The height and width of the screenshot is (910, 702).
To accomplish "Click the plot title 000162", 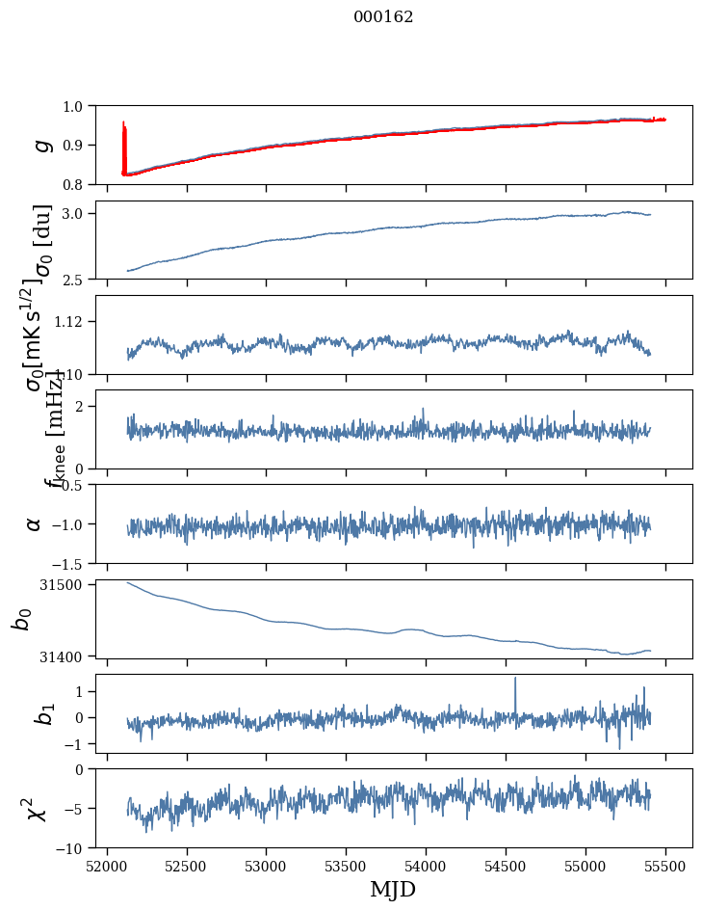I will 383,16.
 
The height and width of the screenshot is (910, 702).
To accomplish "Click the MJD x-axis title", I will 393,889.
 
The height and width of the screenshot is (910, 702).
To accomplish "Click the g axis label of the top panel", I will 39,145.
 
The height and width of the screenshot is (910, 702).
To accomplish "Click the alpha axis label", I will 35,523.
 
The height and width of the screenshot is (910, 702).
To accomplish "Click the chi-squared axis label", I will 37,809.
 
